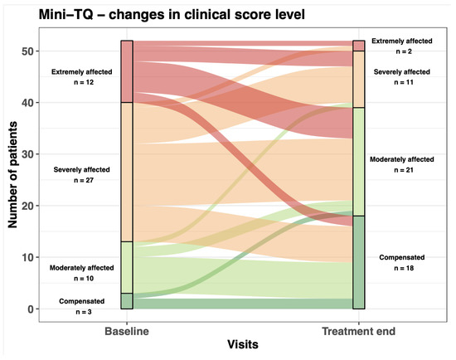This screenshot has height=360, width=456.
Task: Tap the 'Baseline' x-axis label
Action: click(127, 332)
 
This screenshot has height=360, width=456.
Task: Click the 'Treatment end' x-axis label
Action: click(359, 332)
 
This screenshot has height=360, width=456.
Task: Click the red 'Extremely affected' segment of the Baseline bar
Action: click(127, 71)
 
